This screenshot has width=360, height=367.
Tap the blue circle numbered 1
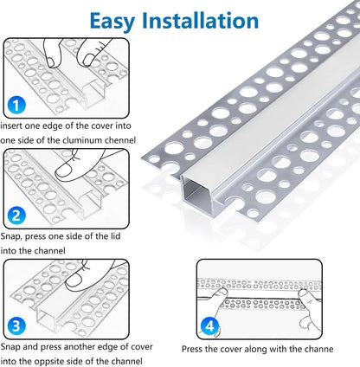(x=14, y=107)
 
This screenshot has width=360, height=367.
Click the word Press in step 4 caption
(x=193, y=350)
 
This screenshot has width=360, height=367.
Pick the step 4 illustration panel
(x=251, y=296)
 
